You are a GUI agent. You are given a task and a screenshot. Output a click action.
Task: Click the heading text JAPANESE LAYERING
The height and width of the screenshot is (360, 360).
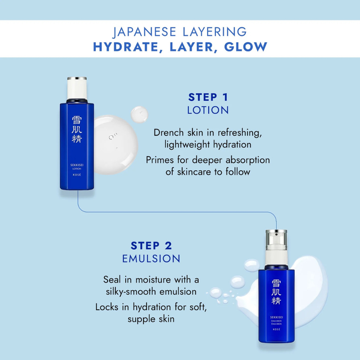click(180, 32)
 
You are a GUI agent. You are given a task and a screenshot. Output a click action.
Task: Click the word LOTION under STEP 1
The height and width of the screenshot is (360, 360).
click(208, 110)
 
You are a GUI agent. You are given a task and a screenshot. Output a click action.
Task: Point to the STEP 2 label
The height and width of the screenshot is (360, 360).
click(151, 245)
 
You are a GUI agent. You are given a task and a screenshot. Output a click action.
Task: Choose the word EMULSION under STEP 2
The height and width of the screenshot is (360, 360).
click(151, 258)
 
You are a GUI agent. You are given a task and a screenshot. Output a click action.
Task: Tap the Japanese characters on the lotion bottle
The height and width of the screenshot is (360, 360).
click(77, 128)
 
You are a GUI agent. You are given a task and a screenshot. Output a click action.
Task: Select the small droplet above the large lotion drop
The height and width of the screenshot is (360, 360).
click(138, 114)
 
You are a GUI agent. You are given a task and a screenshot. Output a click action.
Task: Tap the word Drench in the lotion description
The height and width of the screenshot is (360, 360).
click(169, 133)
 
